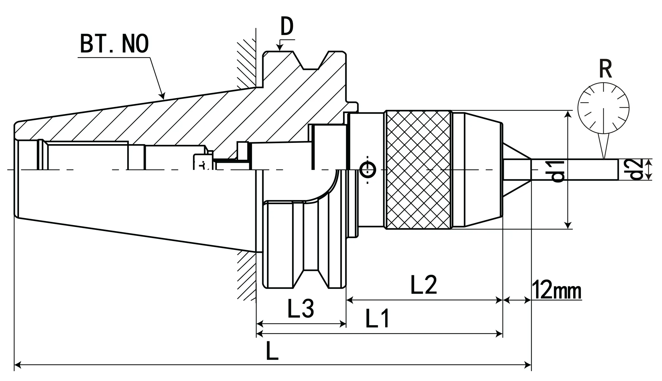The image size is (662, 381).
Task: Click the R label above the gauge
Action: pos(605,69)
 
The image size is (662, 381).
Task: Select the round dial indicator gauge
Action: pos(603,108)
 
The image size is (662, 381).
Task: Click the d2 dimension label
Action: pos(635,170)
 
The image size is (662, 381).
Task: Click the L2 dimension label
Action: pos(424,285)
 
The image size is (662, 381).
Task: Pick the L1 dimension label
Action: pos(377,318)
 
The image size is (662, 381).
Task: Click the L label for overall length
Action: pos(272,351)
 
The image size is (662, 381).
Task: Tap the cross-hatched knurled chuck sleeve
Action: pos(419,170)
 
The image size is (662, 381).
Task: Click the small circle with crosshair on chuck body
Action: pos(368,170)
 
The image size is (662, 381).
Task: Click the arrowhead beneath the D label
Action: pos(279,48)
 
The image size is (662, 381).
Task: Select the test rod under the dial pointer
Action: pos(574,170)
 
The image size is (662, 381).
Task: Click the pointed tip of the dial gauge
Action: pos(604,157)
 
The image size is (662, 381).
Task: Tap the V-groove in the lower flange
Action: pos(311,276)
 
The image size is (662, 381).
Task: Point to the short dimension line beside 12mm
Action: pos(517,300)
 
